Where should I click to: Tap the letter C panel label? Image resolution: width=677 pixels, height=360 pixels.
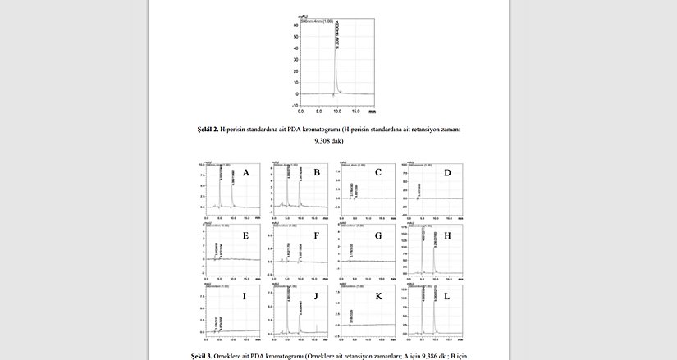(377, 173)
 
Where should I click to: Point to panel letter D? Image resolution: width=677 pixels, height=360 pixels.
(446, 173)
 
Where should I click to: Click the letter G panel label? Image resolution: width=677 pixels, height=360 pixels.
(377, 235)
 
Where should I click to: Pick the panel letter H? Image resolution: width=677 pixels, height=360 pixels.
(446, 235)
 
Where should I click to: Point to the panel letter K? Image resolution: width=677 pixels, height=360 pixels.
(377, 295)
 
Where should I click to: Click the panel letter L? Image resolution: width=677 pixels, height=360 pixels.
(446, 295)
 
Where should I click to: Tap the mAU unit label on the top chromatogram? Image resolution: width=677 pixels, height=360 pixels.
(302, 15)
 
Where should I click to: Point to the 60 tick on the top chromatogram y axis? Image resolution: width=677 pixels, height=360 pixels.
(295, 25)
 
